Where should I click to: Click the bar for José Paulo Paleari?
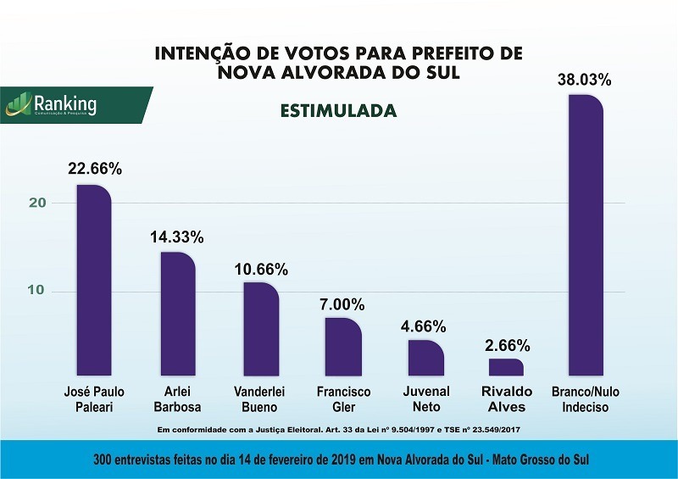coord(93,280)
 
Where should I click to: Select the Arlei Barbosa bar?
coord(178,314)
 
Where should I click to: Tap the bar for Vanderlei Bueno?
coord(260,329)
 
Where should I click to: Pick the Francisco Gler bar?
coord(343,346)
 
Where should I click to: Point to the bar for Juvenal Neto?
coord(425,357)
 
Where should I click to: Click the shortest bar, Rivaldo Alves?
coord(506,367)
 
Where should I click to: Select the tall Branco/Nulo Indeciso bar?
coord(586,235)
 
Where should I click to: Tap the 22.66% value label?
coord(95,169)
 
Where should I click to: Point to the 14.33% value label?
coord(177,237)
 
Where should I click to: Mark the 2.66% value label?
coord(506,345)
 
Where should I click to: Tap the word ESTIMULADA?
coord(339,111)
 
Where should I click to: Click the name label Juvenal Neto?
coord(425,399)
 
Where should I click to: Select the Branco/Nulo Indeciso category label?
coord(586,399)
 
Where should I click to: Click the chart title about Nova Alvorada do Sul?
coord(339,63)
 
